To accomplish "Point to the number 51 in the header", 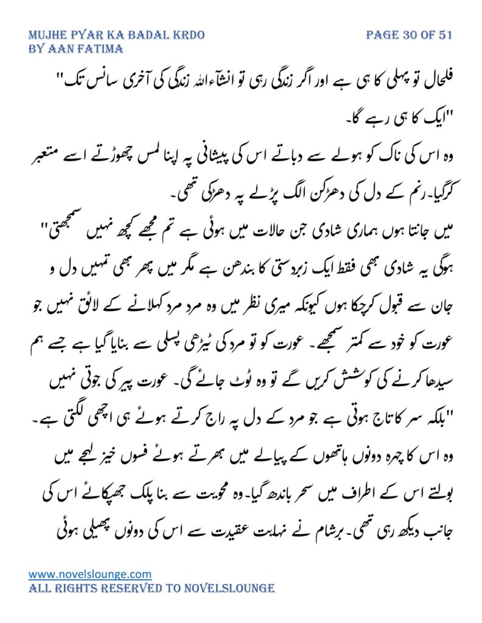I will point(445,35).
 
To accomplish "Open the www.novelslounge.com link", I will point(90,574).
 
